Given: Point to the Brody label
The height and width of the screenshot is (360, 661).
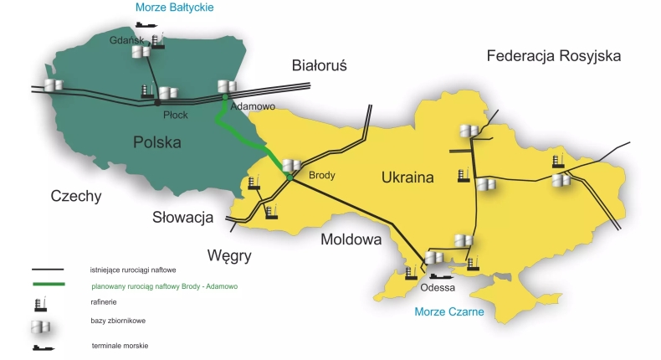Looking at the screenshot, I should coord(322,176).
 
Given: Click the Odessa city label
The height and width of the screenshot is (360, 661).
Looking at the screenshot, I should coord(439,287).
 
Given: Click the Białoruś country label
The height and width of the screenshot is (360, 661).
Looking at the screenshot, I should coord(319,64).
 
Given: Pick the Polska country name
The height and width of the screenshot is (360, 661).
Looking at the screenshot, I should coord(156,142).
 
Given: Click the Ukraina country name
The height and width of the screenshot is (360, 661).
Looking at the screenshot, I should coord(407,177).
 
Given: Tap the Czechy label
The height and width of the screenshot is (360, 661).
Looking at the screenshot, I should coord(75,197).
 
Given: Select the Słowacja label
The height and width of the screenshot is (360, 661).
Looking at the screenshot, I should coord(183,218).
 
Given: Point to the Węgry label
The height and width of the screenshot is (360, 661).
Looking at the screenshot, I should coord(228,255).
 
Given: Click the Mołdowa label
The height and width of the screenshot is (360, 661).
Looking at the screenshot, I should coord(351,240).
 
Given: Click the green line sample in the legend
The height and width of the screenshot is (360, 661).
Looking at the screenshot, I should coord(49,285).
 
